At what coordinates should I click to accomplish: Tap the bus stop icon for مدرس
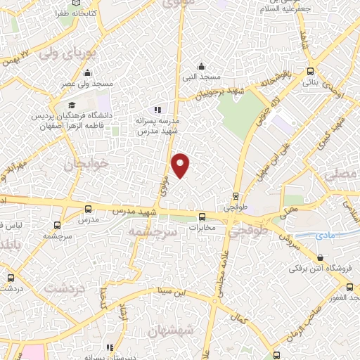(88, 209)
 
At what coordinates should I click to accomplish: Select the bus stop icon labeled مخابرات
(202, 217)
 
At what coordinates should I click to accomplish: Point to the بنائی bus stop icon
(311, 71)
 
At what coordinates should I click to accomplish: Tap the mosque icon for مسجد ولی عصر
(87, 72)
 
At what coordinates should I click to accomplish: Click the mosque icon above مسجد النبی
(202, 66)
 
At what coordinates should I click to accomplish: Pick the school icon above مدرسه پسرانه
(158, 110)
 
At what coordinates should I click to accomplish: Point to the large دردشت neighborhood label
(64, 288)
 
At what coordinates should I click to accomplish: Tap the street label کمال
(243, 320)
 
